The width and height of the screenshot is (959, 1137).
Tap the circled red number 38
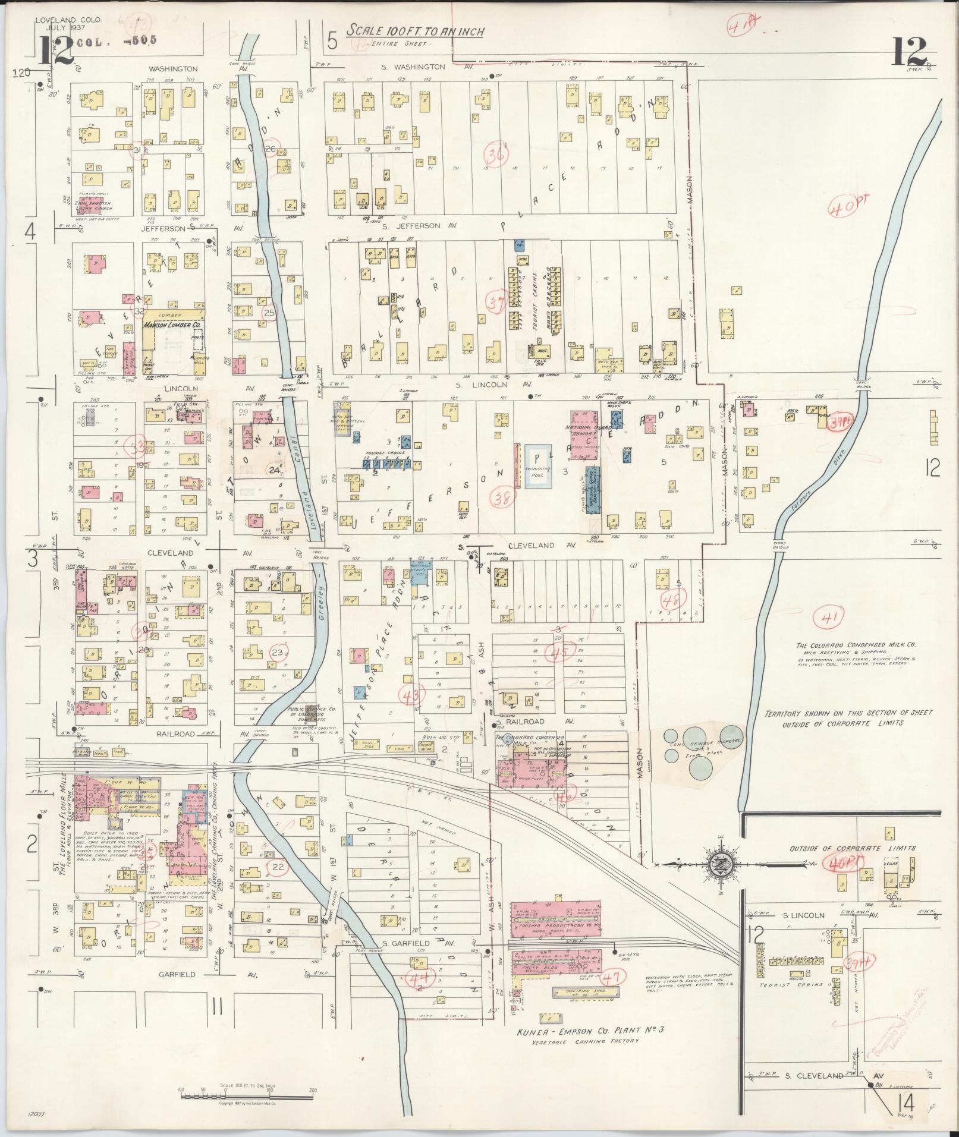click(507, 498)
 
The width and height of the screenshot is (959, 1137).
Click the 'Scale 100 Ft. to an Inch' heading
click(416, 30)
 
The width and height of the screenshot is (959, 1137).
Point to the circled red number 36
click(497, 155)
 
